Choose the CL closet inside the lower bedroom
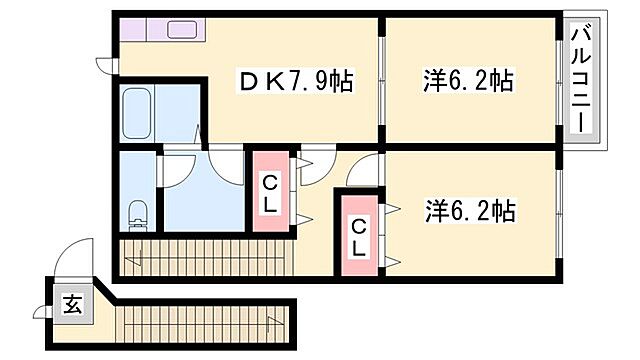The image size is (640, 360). click(357, 236)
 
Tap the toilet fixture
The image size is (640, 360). click(138, 214)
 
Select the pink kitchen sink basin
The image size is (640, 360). click(184, 29)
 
